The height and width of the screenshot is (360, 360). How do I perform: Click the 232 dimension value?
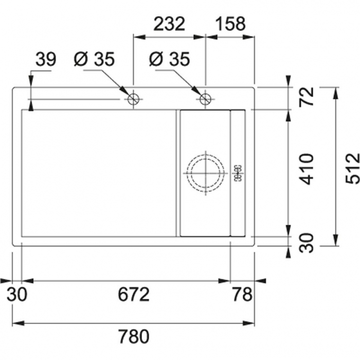pos(169,24)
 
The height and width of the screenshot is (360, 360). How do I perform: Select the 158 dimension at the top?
pos(231,24)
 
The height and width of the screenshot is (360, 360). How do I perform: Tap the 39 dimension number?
pos(46,59)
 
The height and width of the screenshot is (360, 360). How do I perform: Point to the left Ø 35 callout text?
pos(94,59)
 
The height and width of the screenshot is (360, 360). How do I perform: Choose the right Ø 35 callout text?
pos(169,59)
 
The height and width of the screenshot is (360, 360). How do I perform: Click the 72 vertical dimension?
pos(307,97)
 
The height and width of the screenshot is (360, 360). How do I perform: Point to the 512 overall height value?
pos(352,165)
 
